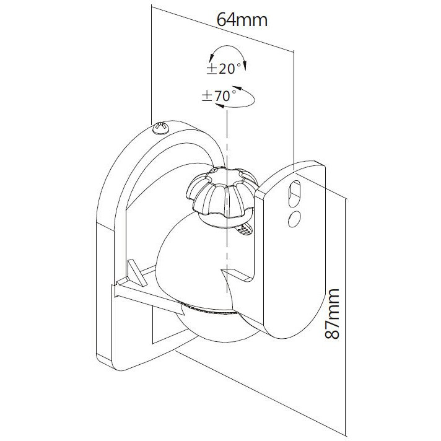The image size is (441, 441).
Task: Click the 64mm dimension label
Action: [x=242, y=20]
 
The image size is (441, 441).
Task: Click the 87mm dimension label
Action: [x=332, y=313]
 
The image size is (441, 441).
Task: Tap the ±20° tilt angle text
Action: [x=224, y=69]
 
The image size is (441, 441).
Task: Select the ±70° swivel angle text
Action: [x=219, y=96]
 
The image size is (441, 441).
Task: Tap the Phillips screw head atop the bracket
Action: [x=161, y=128]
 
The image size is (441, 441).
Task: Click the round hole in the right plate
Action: [x=294, y=219]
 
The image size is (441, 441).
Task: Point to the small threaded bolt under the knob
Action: [x=245, y=230]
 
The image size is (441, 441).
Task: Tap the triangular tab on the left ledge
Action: [x=136, y=273]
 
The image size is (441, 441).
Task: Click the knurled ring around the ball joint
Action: [x=209, y=308]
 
